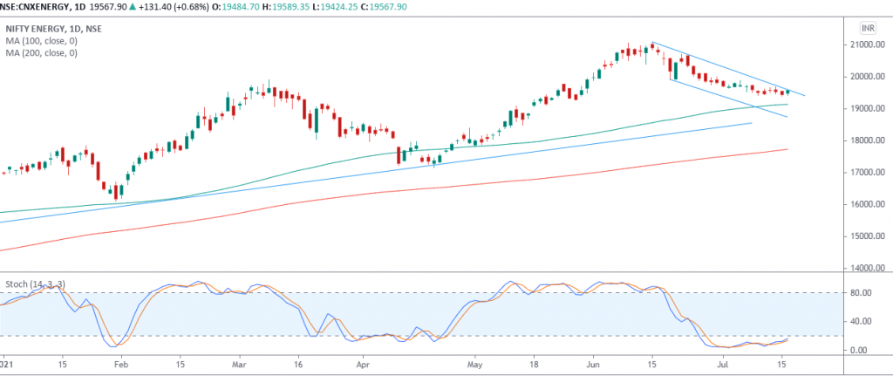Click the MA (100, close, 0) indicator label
(x=41, y=40)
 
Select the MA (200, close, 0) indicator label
(x=41, y=53)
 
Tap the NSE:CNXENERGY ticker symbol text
(x=38, y=5)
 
